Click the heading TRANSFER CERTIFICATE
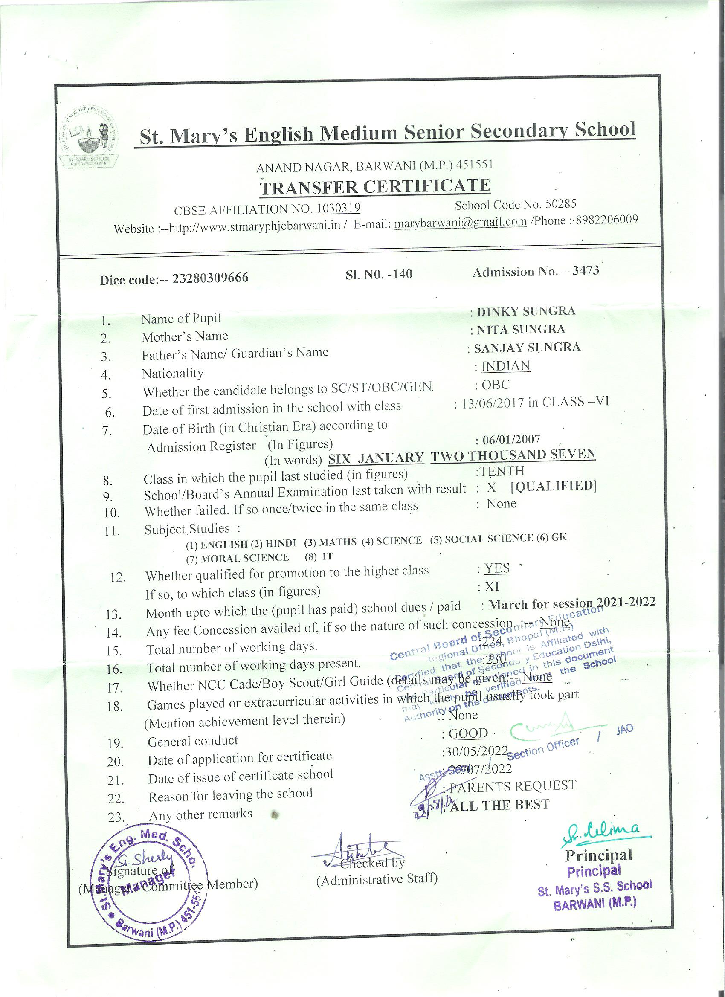[x=375, y=186]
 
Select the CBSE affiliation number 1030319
[x=338, y=208]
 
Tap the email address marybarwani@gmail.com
[x=460, y=223]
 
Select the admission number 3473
[x=586, y=270]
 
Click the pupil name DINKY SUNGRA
[x=526, y=311]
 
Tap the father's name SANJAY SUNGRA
[x=527, y=348]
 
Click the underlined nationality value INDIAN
[x=506, y=366]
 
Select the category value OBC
[x=496, y=385]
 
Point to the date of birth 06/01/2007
[x=511, y=440]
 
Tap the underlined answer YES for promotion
[x=497, y=568]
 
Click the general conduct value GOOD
[x=468, y=733]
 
